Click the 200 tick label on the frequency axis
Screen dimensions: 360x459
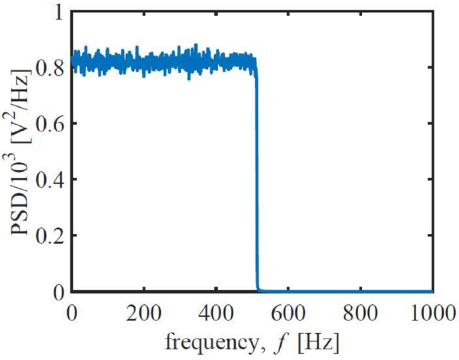(x=143, y=313)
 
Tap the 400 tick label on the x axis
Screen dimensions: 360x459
(x=216, y=313)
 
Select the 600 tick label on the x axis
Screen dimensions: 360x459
(x=288, y=313)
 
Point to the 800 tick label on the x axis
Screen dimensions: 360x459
(x=360, y=313)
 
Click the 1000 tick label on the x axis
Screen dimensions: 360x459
(x=429, y=313)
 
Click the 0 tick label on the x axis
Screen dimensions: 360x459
(x=72, y=313)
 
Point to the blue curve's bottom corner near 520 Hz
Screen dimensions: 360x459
(x=259, y=290)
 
